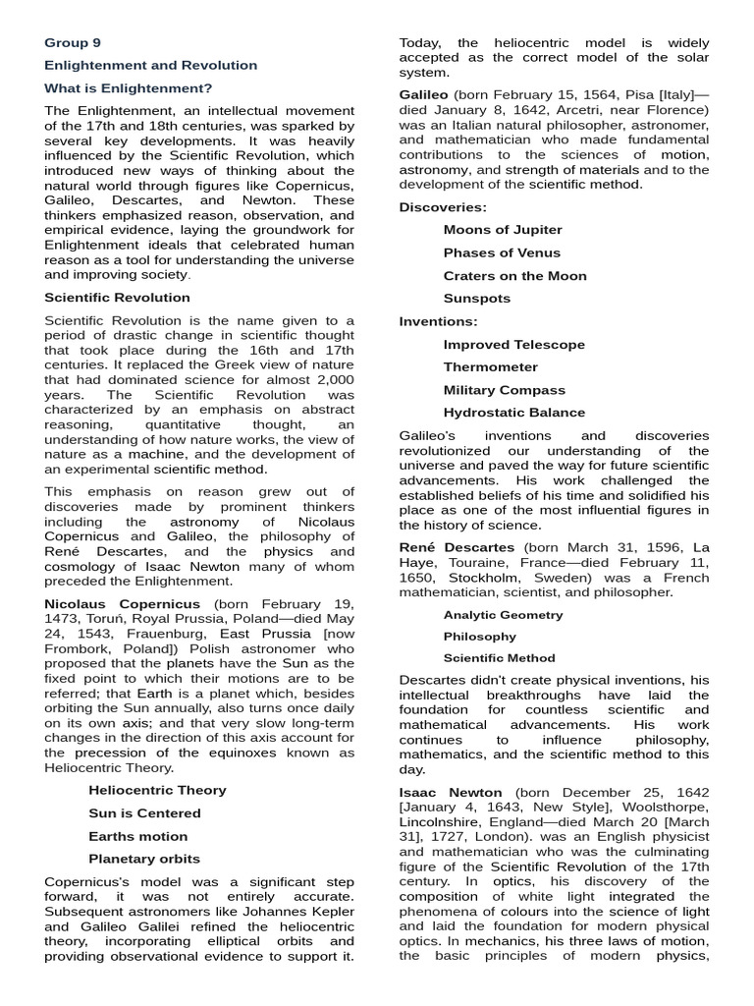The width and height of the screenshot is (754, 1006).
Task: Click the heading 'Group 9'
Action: pyautogui.click(x=73, y=42)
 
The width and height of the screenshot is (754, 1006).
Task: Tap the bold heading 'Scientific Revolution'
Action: pyautogui.click(x=118, y=297)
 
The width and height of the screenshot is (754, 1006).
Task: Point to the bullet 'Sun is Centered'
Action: pyautogui.click(x=144, y=812)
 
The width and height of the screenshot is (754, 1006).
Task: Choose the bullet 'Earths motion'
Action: pyautogui.click(x=137, y=836)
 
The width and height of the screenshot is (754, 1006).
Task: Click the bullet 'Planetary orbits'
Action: pyautogui.click(x=143, y=859)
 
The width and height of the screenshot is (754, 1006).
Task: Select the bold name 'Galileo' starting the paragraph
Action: pyautogui.click(x=423, y=93)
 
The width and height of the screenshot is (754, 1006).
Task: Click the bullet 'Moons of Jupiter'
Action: pyautogui.click(x=503, y=230)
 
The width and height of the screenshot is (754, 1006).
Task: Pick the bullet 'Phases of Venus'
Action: pyautogui.click(x=502, y=252)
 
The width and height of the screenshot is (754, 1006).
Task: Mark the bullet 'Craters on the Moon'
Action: pyautogui.click(x=514, y=275)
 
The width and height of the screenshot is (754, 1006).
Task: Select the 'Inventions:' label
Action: pyautogui.click(x=438, y=321)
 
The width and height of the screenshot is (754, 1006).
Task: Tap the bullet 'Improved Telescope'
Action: pyautogui.click(x=513, y=344)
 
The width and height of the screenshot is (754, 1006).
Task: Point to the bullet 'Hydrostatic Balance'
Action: pyautogui.click(x=513, y=413)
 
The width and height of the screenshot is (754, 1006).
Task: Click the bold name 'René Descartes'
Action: pyautogui.click(x=456, y=546)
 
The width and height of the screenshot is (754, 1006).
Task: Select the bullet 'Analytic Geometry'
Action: pyautogui.click(x=503, y=615)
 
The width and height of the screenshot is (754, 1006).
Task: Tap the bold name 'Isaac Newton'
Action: pyautogui.click(x=450, y=792)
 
